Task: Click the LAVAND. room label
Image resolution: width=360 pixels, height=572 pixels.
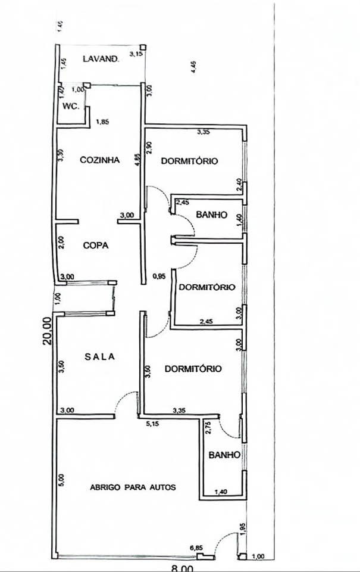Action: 102,58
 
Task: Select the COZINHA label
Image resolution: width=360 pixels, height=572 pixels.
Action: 100,160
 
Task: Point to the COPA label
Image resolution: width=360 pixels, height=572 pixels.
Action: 95,245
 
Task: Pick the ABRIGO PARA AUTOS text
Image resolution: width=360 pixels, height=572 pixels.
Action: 133,487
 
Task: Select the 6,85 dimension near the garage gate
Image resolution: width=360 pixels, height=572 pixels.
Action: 196,548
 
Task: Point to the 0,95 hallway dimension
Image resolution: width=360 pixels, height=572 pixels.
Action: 158,276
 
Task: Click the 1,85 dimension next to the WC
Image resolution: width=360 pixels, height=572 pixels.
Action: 104,123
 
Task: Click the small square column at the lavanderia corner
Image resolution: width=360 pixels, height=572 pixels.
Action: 143,47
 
